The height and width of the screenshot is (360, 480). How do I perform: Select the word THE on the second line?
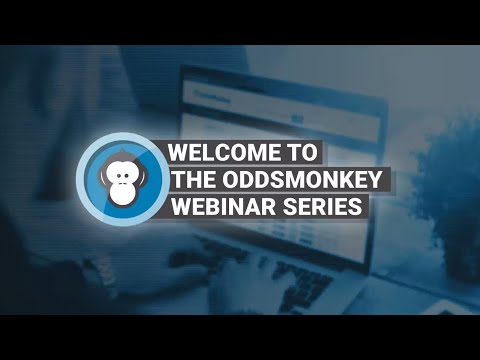click(195, 180)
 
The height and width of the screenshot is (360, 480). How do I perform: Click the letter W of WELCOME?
click(179, 153)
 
